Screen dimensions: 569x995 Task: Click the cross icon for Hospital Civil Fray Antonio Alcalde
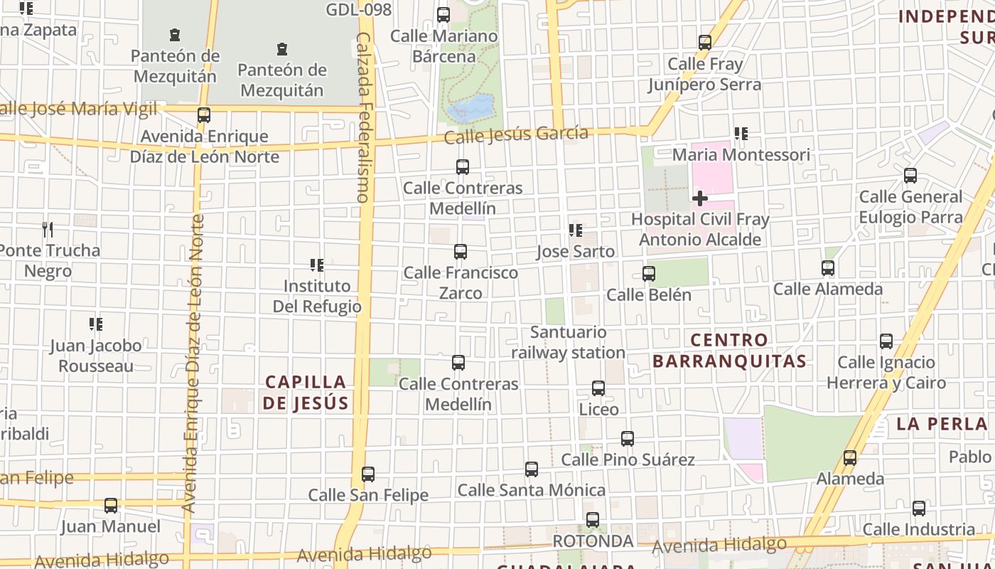pos(699,198)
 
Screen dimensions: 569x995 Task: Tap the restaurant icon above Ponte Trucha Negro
pos(48,229)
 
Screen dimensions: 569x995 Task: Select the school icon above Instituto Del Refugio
pos(317,265)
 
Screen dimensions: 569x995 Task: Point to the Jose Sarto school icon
pos(576,230)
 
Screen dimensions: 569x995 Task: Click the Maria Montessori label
pos(741,154)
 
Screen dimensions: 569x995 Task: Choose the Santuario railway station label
pos(568,342)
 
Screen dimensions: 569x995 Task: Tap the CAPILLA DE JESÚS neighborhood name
pos(306,393)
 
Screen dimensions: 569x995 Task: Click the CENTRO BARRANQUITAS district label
pos(729,351)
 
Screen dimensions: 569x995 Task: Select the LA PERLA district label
pos(942,424)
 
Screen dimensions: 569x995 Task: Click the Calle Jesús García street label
pos(516,134)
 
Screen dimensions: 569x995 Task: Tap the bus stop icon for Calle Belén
pos(648,274)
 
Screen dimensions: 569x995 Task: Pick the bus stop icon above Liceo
pos(598,388)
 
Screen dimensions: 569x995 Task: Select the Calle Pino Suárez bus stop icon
pos(628,439)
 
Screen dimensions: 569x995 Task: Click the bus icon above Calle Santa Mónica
pos(532,469)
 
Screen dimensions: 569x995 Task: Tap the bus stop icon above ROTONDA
pos(593,520)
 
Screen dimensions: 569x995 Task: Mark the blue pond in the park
pos(471,108)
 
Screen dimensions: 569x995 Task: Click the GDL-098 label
pos(359,10)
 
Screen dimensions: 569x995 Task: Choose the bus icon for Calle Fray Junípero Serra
pos(705,43)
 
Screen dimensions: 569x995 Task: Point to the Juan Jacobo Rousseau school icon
pos(96,324)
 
